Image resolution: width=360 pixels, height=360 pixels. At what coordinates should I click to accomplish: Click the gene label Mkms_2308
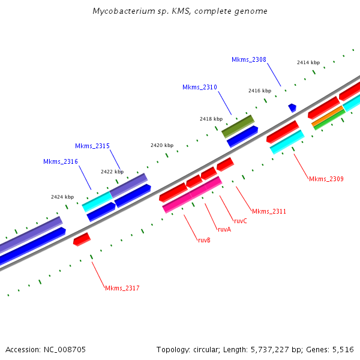pos(249,59)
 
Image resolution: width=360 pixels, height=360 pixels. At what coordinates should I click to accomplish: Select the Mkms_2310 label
pos(200,88)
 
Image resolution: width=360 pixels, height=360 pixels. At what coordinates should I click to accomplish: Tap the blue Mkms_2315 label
pos(92,146)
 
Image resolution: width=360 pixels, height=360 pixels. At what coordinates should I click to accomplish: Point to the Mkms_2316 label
pos(60,161)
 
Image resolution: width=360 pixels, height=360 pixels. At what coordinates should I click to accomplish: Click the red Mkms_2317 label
pos(122,289)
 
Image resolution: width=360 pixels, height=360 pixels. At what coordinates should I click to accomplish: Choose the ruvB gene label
pos(204,240)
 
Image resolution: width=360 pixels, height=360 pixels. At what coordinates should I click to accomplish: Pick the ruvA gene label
pos(224,229)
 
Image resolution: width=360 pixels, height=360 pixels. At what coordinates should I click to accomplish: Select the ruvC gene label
pos(241,221)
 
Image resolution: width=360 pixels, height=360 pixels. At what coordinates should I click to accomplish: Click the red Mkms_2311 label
pos(269,211)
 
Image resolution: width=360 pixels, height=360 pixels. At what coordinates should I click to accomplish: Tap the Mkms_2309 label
pos(326,179)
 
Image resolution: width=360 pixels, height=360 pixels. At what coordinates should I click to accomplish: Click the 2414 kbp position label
pos(308,62)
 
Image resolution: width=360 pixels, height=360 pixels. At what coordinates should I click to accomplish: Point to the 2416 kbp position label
pos(260,91)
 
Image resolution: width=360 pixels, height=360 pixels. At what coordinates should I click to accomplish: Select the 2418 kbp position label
pos(211,119)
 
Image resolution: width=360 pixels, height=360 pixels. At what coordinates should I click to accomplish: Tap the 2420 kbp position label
pos(162,146)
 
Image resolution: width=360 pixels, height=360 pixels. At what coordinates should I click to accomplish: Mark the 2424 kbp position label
pos(62,197)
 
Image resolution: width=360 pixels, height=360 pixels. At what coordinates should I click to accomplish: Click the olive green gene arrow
pos(238,126)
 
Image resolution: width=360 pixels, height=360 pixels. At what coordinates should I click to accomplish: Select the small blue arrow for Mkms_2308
pos(292,107)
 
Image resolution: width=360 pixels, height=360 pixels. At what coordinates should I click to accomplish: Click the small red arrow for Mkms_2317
pos(82,239)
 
